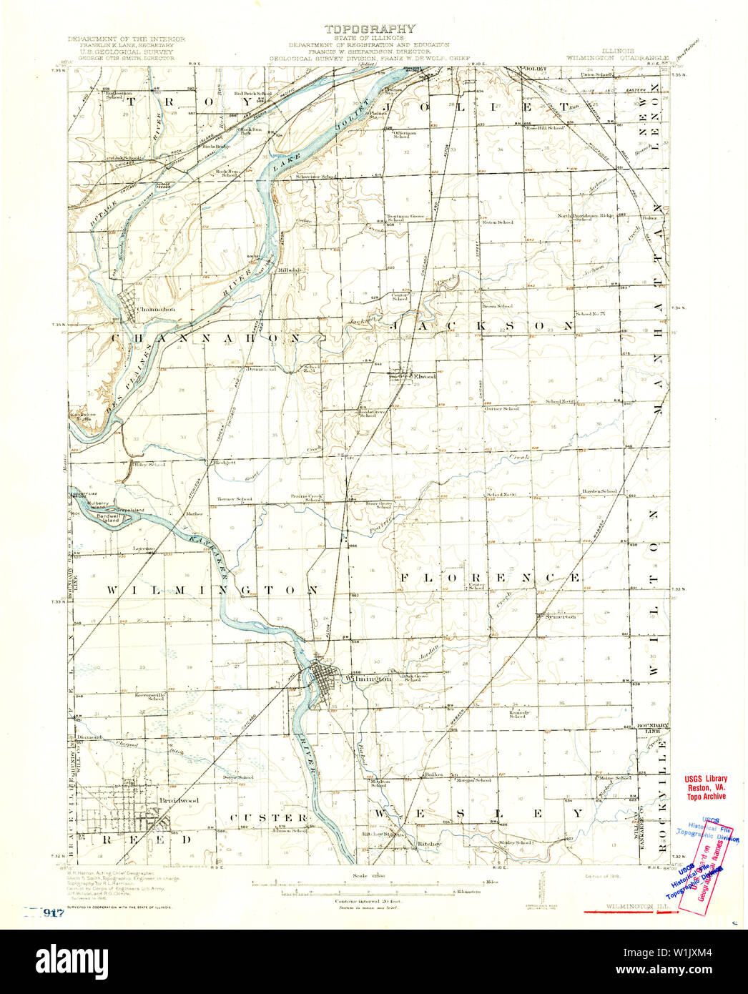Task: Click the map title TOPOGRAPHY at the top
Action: pos(370,29)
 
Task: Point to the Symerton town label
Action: pos(560,616)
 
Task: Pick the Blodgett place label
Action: pos(225,463)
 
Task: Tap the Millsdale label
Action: pos(291,270)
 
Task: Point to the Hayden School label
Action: pos(599,491)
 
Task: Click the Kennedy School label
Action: pos(519,714)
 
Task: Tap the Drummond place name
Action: pos(261,369)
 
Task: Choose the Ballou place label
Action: pos(434,774)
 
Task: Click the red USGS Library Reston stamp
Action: pos(705,787)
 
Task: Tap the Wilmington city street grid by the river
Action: pos(326,683)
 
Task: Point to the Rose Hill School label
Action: pos(546,128)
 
